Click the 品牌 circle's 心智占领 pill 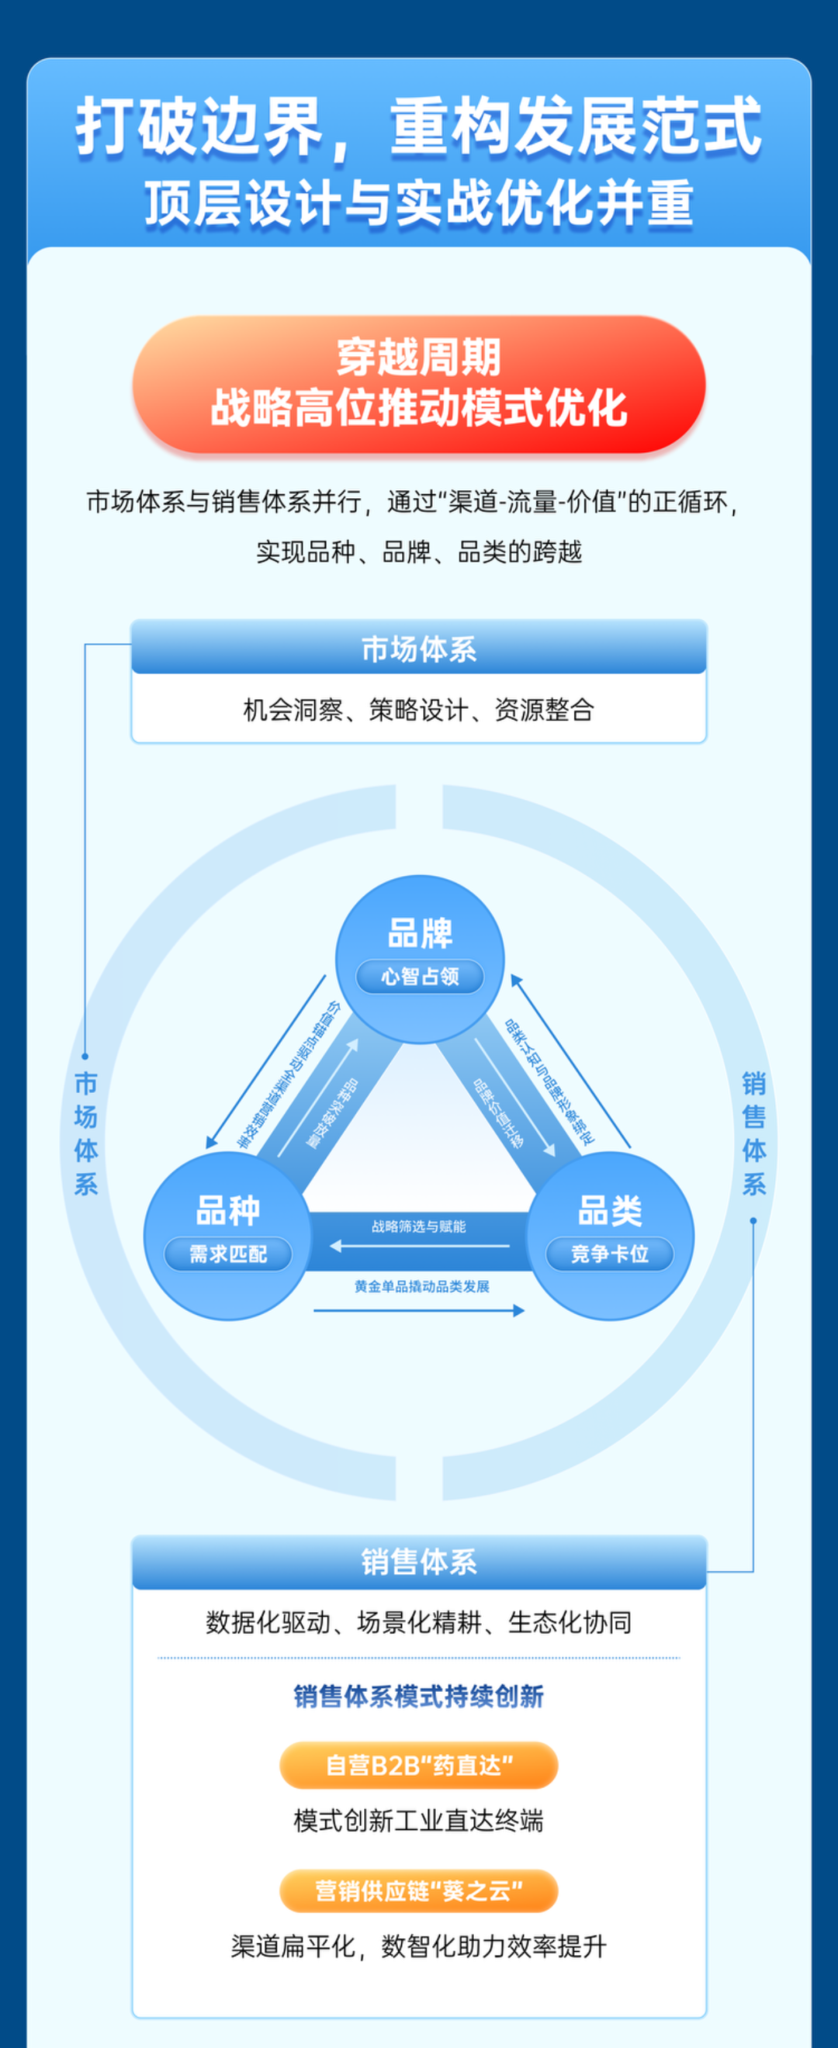[x=420, y=977]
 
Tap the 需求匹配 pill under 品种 [x=228, y=1254]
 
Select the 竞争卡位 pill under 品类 [x=610, y=1254]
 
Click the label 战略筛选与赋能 [x=419, y=1226]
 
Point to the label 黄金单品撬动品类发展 [x=422, y=1286]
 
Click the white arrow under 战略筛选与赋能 [x=419, y=1246]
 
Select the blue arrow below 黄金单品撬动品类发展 [x=419, y=1310]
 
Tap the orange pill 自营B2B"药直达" [x=419, y=1765]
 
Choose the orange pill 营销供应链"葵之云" [x=419, y=1891]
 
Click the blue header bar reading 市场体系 [x=419, y=649]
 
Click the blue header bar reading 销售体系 [x=419, y=1562]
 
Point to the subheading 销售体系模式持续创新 [x=419, y=1696]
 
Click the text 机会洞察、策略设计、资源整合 [x=419, y=709]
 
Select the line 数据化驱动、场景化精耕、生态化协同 [x=419, y=1622]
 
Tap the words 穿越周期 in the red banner [x=419, y=357]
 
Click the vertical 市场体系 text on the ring [x=86, y=1133]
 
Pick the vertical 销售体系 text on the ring [x=753, y=1133]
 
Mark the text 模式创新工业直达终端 [x=419, y=1820]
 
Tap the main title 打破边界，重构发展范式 [x=419, y=127]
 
